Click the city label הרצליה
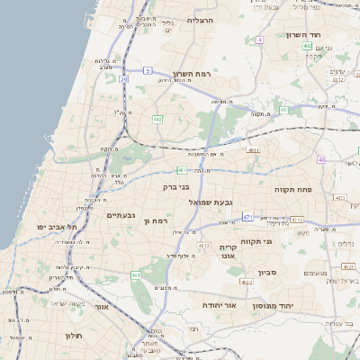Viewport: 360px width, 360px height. (199, 19)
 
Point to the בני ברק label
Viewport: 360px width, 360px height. (163, 187)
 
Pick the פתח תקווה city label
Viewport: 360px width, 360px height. (293, 190)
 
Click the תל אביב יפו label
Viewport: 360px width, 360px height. (57, 228)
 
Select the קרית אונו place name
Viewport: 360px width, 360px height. (226, 251)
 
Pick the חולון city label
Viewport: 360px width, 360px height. (74, 336)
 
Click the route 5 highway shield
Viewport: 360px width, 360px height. (148, 70)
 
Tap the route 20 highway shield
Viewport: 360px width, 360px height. (124, 79)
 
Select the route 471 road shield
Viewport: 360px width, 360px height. (247, 217)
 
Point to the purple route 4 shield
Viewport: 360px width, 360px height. (259, 40)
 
